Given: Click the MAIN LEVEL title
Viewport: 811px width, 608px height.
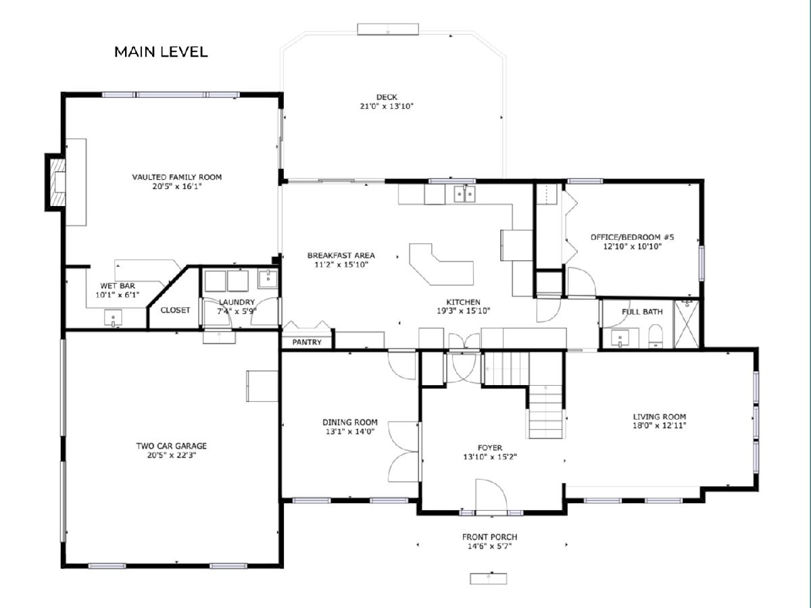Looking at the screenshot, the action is click(161, 52).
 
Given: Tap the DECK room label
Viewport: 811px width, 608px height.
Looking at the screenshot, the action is click(387, 97).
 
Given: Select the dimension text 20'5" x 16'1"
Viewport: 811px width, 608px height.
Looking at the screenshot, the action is click(177, 186).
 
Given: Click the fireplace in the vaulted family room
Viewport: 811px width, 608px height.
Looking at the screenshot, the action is click(56, 182).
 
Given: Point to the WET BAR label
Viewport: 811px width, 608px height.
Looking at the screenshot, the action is click(118, 286).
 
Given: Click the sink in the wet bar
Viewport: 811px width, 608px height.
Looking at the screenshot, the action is click(113, 318).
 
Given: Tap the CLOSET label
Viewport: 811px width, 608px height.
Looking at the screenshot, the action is click(175, 310).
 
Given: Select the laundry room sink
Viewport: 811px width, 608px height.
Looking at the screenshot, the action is click(268, 279).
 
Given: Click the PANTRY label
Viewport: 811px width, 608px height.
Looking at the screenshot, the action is click(307, 343).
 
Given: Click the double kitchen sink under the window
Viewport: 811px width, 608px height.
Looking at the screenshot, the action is click(465, 193).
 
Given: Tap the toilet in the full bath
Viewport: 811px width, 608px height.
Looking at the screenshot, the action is click(656, 336).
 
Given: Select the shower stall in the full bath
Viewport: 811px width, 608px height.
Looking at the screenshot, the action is click(687, 324).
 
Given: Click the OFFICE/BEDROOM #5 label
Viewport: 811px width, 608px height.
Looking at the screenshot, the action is click(632, 237).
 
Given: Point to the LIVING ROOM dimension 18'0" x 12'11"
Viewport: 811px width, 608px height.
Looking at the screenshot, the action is click(659, 426).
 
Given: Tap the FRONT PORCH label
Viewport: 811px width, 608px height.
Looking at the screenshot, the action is click(489, 537).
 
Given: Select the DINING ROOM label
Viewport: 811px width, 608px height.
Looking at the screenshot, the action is click(350, 422).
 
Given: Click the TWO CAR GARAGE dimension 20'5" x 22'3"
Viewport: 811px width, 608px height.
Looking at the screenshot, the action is click(172, 455).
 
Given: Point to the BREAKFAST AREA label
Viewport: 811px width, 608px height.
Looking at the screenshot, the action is click(341, 255).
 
